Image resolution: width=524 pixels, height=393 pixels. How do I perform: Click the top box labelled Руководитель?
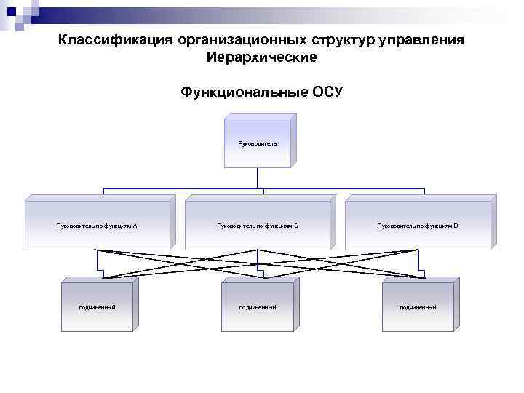tap(258, 144)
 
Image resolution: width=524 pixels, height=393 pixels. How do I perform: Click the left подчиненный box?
tap(97, 307)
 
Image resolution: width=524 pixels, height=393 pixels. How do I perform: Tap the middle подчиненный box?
tap(258, 307)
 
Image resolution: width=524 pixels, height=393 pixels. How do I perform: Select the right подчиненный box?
tap(418, 307)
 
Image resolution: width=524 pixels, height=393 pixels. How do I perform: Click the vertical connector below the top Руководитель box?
tap(259, 179)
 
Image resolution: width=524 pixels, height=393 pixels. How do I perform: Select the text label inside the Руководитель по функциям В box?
tap(418, 226)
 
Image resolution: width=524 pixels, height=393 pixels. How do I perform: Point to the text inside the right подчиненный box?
tap(418, 308)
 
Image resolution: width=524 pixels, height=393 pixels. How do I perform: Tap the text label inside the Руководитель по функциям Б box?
tap(258, 226)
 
